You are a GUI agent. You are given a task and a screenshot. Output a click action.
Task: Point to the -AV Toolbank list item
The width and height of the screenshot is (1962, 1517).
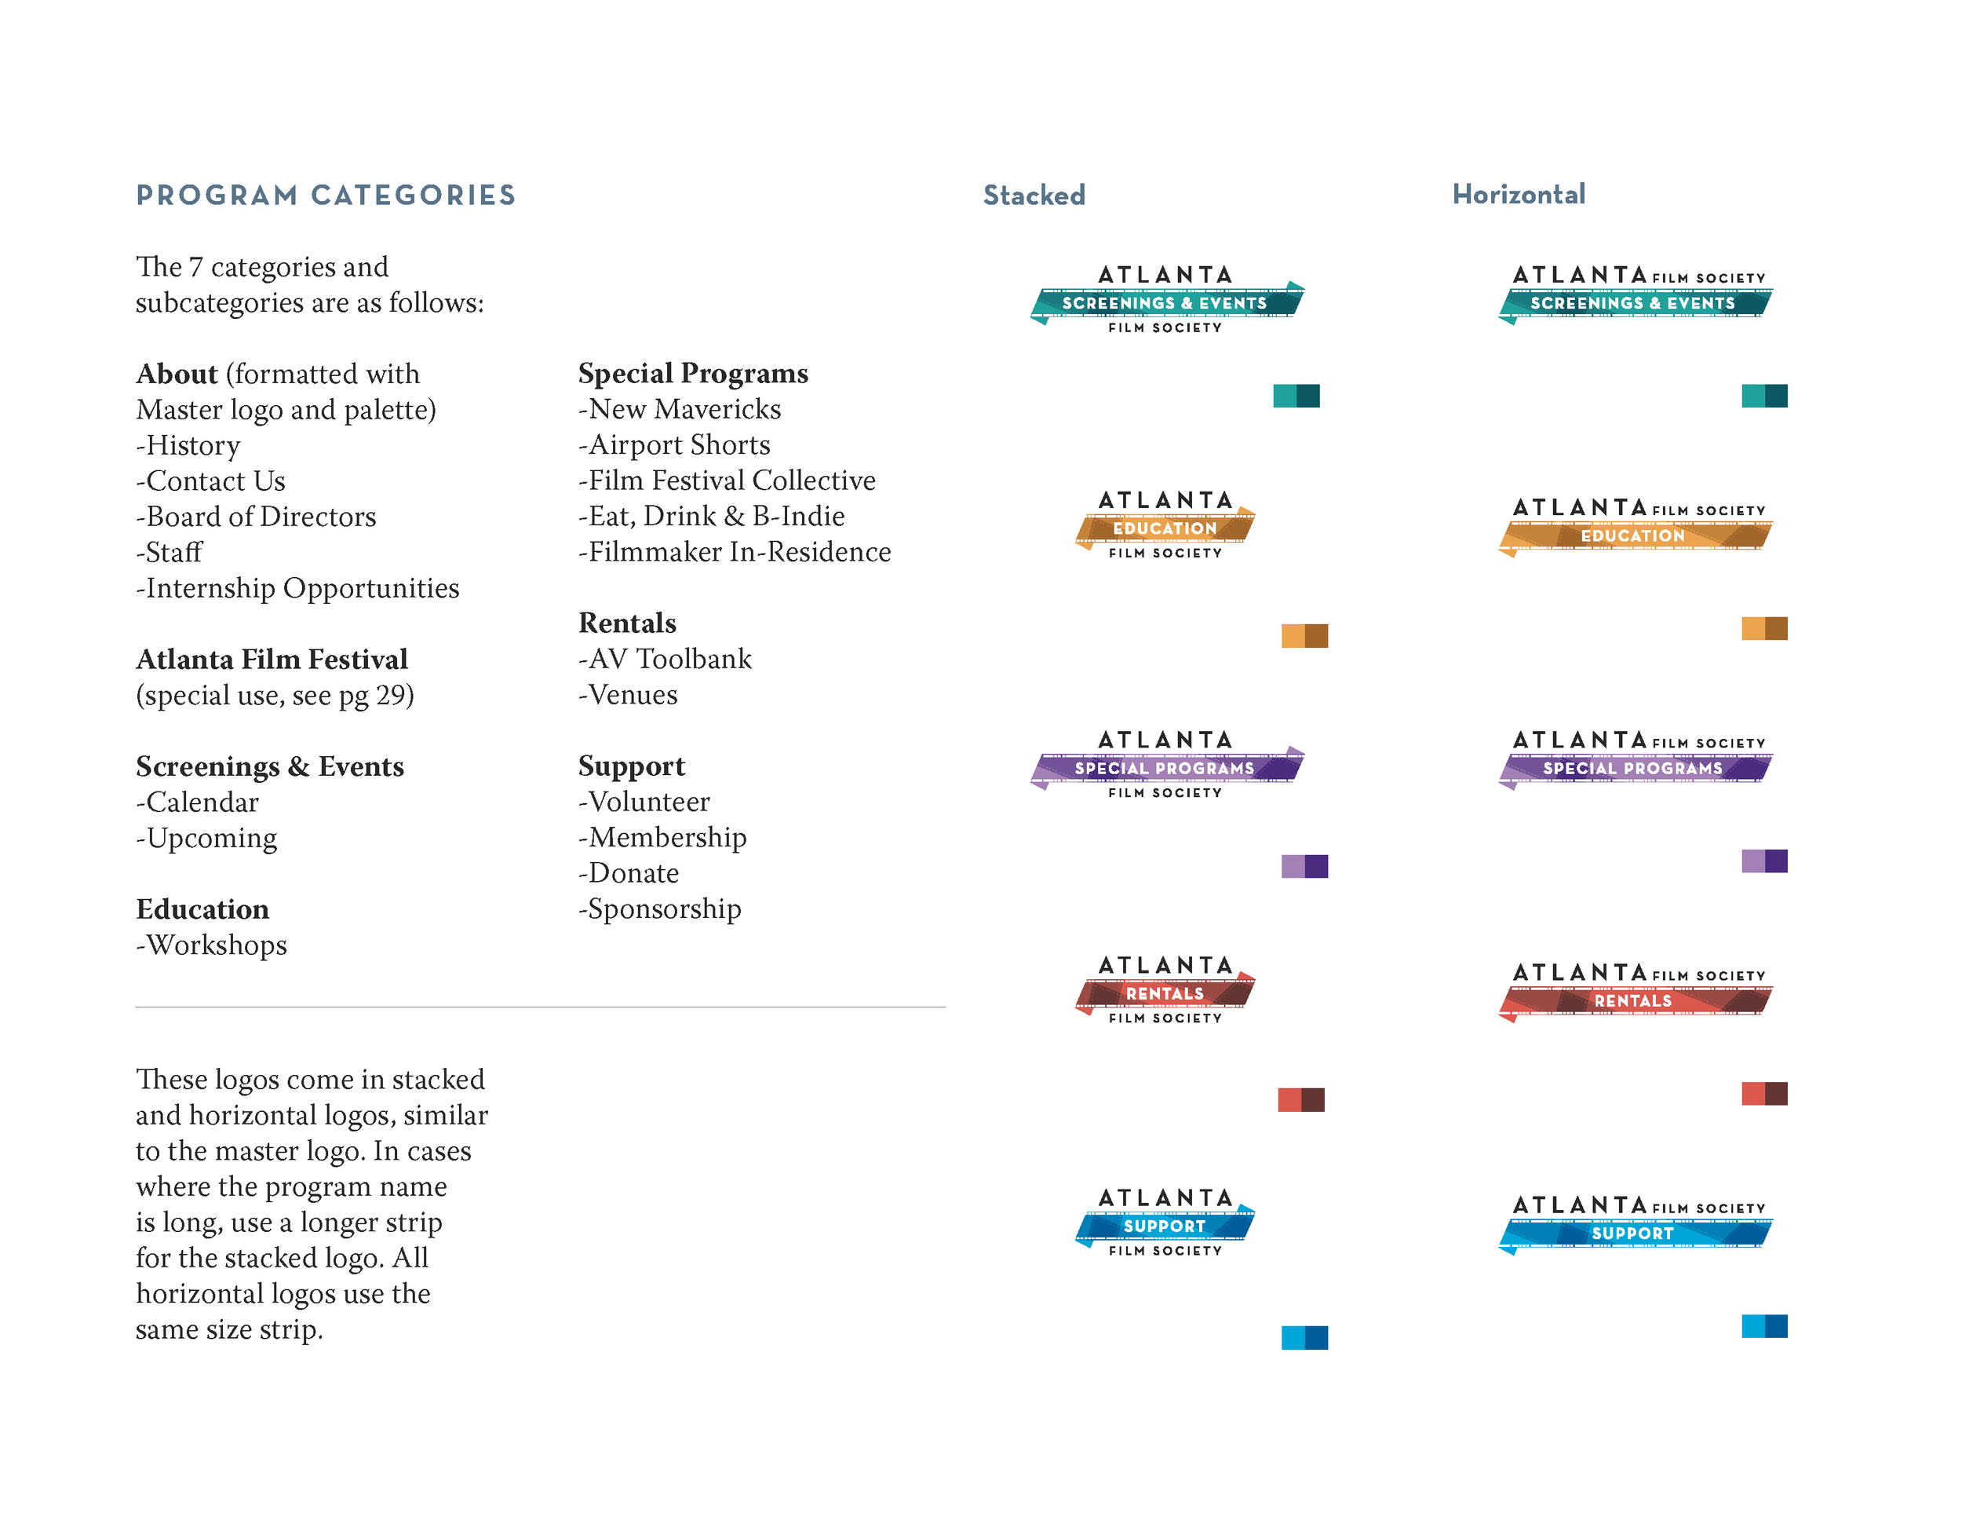[x=665, y=659]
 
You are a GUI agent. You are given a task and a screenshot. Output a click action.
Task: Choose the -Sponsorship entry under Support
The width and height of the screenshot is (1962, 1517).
[x=659, y=908]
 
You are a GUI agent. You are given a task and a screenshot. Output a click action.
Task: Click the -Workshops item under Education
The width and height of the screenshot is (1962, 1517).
[x=211, y=945]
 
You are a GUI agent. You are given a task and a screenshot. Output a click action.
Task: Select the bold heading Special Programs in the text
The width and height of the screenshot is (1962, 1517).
[x=693, y=373]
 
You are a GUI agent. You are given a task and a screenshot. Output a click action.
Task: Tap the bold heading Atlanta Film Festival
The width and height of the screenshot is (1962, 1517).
[x=272, y=660]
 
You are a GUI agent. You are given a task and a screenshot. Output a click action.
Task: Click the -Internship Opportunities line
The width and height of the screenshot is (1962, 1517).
[x=297, y=588]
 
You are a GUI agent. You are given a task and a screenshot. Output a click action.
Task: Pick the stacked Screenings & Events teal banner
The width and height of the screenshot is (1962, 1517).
[x=1165, y=303]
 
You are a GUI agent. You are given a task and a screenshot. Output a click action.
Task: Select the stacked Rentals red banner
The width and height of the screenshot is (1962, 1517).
[x=1165, y=993]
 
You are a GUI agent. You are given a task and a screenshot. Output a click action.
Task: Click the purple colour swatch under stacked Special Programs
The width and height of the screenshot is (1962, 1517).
[x=1304, y=866]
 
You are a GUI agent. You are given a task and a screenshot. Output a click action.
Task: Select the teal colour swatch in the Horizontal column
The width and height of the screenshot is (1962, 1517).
[x=1763, y=396]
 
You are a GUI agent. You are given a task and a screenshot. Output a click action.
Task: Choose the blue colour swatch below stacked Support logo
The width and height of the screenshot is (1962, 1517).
[x=1304, y=1337]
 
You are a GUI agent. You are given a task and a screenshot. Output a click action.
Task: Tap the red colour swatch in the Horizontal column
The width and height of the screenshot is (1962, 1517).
[x=1763, y=1093]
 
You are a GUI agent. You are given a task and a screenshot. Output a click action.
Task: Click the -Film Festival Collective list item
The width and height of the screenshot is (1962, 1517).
[x=727, y=481]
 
